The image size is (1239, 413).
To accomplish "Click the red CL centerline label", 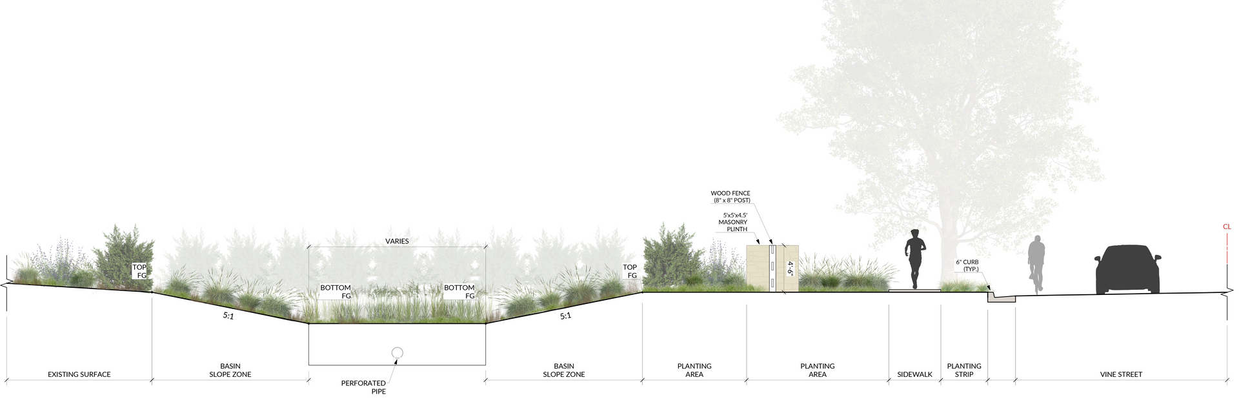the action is [1227, 227].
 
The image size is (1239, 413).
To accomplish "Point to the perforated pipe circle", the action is [397, 352].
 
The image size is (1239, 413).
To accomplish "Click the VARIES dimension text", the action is [397, 241].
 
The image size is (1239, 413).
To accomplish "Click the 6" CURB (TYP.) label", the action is [967, 266].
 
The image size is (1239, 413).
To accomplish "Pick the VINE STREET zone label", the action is [1121, 374].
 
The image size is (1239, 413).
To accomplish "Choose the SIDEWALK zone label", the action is [914, 374].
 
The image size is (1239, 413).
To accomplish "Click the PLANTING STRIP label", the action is [964, 370].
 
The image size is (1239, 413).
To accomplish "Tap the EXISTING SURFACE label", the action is [79, 374].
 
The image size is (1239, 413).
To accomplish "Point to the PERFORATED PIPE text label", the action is [373, 387].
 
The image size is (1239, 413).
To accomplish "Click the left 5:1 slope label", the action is [228, 316].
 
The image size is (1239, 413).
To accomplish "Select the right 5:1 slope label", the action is [565, 316].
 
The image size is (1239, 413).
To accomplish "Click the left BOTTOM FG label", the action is [336, 292].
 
